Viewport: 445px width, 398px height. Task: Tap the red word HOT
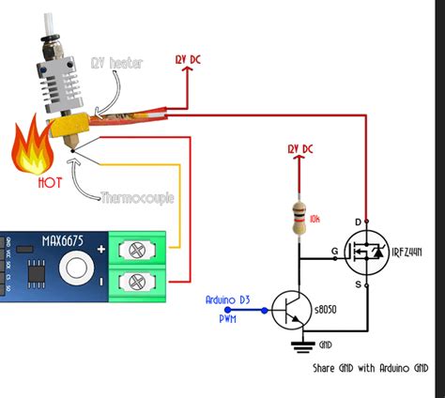click(x=51, y=183)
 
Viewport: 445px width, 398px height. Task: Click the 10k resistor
click(x=300, y=220)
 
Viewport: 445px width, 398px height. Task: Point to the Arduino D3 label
click(x=230, y=299)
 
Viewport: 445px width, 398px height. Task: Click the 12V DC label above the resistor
click(x=300, y=148)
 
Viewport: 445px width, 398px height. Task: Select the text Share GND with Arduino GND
click(x=365, y=368)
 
